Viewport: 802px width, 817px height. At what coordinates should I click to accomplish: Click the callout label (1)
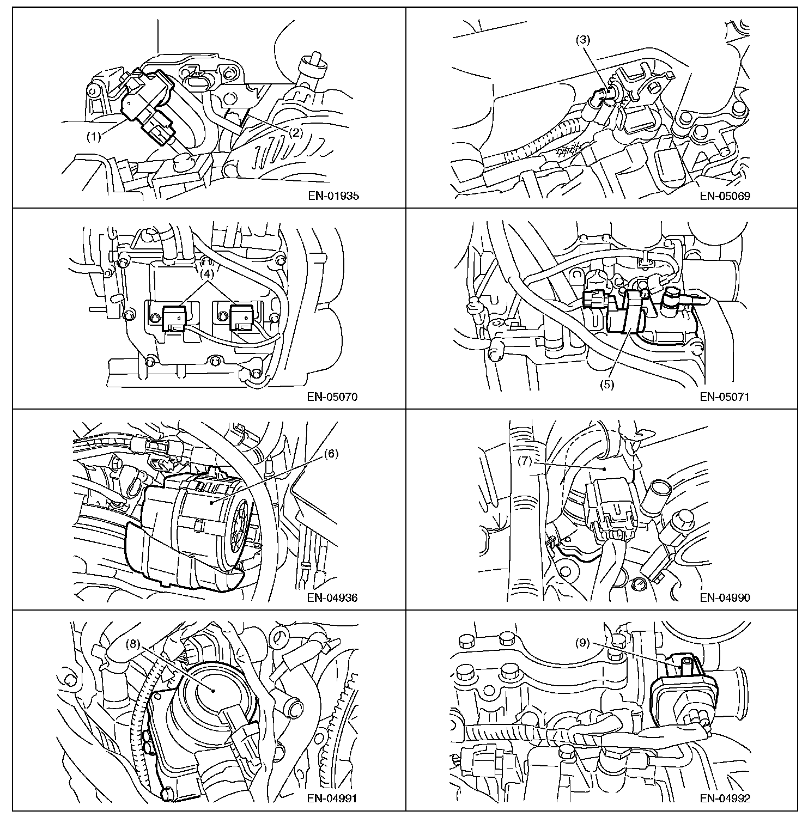[94, 137]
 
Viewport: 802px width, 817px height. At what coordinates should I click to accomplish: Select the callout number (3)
[582, 40]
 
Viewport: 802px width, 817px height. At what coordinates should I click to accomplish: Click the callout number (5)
[607, 384]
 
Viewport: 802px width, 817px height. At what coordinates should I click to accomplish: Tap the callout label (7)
[524, 461]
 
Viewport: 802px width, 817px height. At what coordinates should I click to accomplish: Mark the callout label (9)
[582, 643]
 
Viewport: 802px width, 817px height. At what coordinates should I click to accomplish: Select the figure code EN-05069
[725, 196]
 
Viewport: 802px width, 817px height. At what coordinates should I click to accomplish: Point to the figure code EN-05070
[333, 397]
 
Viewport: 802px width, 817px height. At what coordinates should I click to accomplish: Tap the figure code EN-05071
[725, 397]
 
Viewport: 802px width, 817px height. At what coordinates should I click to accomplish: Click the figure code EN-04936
[333, 597]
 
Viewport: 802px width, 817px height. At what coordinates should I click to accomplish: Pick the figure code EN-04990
[725, 597]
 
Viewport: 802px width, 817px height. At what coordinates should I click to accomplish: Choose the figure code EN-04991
[333, 799]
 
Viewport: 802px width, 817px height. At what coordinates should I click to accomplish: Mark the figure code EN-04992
[725, 799]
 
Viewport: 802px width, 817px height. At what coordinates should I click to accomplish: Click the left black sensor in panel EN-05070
[174, 318]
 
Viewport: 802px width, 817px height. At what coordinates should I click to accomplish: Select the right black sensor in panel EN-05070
[241, 318]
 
